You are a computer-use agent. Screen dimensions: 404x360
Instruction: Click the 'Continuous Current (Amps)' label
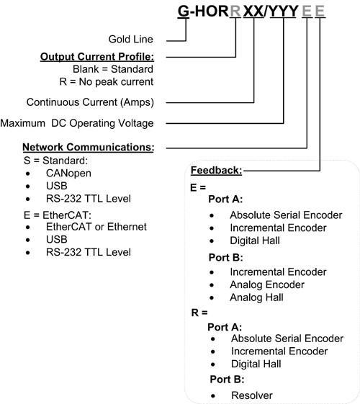coord(90,102)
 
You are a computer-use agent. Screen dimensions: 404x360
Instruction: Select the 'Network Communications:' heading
coord(89,147)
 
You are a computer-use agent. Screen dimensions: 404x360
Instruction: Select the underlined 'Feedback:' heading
coord(216,171)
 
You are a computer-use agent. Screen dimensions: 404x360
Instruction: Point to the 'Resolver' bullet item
coord(252,395)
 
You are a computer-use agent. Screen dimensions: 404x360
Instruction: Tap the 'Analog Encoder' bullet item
coord(266,284)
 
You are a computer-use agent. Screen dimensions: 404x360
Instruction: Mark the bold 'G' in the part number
coord(183,12)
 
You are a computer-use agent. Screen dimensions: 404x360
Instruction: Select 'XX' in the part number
coord(253,12)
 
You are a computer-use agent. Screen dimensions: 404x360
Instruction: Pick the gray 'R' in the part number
coord(235,12)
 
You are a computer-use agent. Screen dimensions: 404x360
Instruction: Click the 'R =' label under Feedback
coord(199,313)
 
